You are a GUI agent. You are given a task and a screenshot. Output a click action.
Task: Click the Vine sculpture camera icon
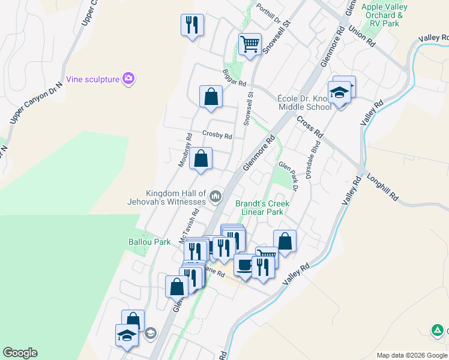click(128, 79)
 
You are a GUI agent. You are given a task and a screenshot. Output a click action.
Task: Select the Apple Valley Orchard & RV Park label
click(385, 15)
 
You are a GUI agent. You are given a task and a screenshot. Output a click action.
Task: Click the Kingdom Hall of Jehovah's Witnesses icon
click(215, 196)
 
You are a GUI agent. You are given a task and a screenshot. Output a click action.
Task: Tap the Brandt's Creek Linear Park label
click(262, 208)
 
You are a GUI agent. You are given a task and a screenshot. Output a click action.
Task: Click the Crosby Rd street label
click(217, 136)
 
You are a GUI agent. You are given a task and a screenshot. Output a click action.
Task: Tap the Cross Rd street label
click(310, 125)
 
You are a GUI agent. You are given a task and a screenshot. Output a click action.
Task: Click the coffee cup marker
click(244, 265)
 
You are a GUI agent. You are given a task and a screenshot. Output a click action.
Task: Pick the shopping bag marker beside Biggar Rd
click(211, 97)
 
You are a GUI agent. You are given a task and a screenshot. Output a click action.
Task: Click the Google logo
click(20, 353)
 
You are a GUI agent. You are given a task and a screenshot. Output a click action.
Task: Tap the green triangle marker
click(438, 330)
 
